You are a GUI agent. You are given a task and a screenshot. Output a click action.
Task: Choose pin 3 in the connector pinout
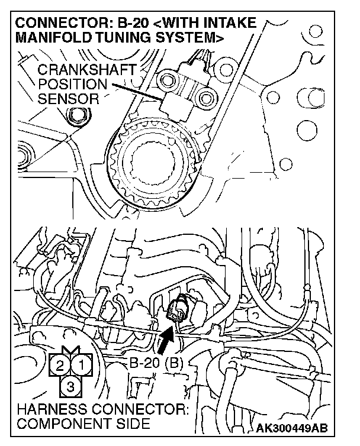coord(72,386)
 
